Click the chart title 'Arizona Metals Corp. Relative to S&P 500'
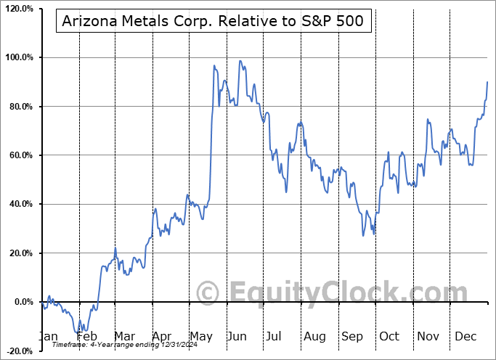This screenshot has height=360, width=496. coord(214,22)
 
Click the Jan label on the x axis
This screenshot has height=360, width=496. coord(48,337)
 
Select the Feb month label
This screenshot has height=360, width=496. coord(86,337)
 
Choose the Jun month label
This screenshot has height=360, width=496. coord(237,337)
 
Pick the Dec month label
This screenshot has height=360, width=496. coord(465,337)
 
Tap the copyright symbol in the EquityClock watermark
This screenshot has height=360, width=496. coord(208,293)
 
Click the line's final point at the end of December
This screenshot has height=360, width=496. coord(487,82)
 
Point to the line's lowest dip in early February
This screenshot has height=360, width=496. coord(78,333)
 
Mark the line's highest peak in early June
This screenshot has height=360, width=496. coord(240,61)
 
